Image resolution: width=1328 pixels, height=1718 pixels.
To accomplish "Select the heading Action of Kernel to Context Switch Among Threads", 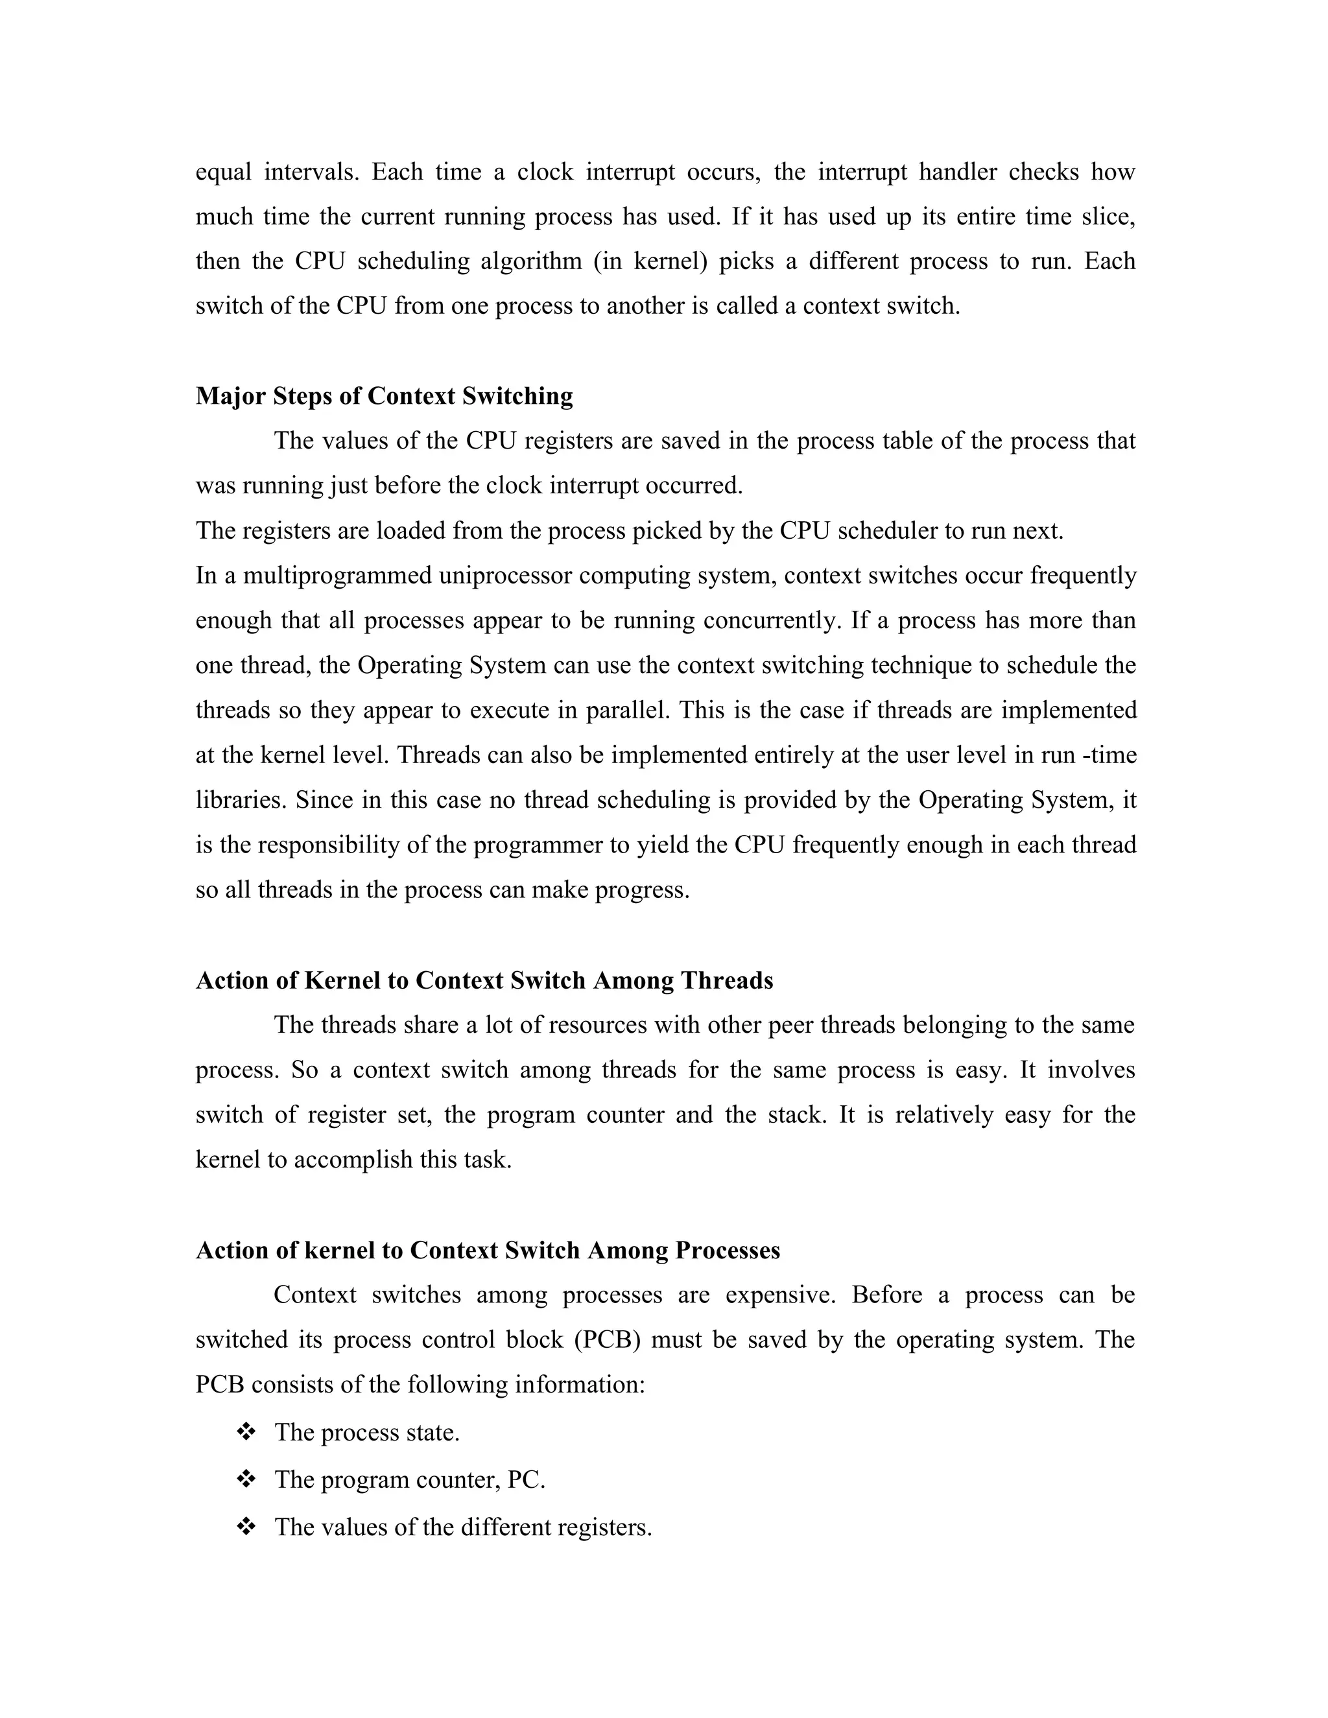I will [x=484, y=981].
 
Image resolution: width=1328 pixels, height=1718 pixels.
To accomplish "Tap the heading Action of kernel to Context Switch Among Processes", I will [x=487, y=1251].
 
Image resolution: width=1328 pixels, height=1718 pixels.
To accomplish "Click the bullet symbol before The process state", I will [x=246, y=1431].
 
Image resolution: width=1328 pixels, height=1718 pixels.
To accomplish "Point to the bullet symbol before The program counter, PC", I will [x=246, y=1479].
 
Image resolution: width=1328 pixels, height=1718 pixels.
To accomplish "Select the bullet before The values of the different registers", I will [x=246, y=1527].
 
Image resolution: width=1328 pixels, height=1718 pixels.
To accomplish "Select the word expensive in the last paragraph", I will [x=779, y=1295].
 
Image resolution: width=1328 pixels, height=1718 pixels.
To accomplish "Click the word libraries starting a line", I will [x=241, y=800].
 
